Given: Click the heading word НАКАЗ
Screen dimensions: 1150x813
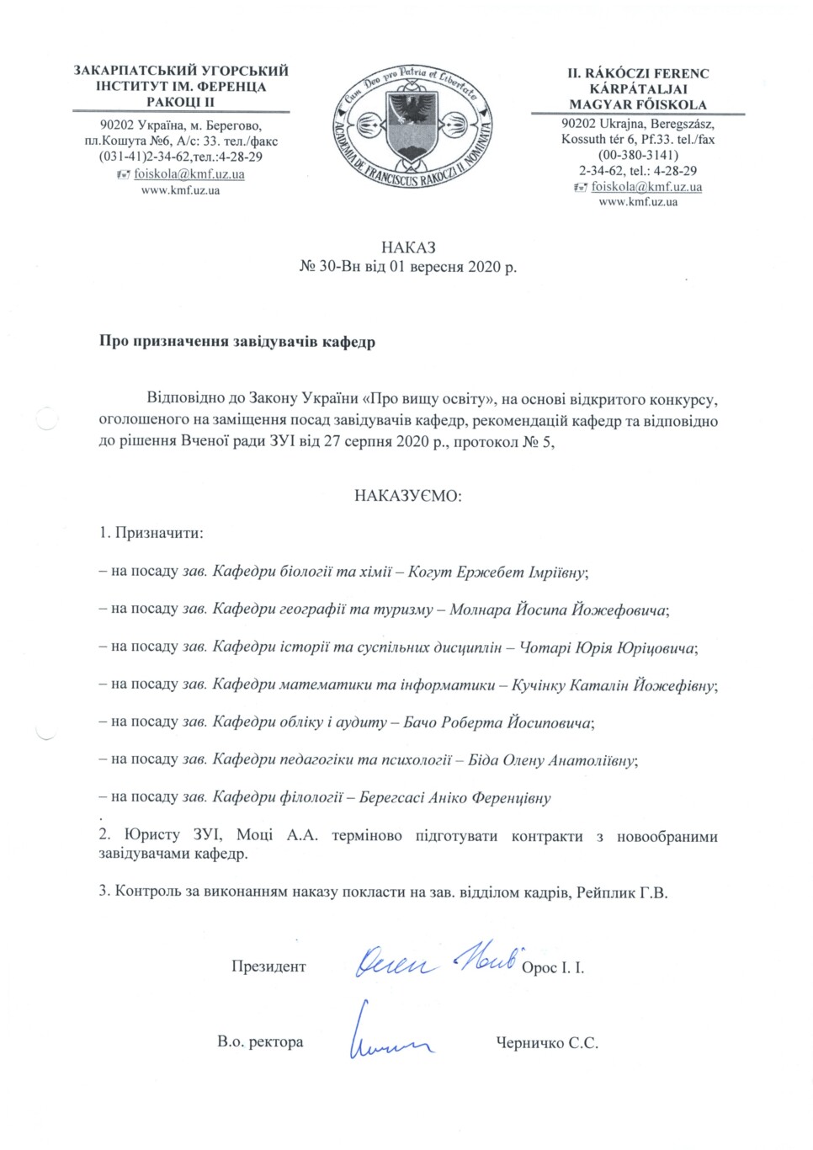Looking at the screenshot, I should (x=408, y=248).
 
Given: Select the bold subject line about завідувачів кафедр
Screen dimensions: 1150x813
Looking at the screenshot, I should (x=237, y=343).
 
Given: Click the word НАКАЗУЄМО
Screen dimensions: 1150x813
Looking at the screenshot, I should (x=408, y=495).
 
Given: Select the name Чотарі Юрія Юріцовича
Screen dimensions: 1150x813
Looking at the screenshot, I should (x=608, y=647).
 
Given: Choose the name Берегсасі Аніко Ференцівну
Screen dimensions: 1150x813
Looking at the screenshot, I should (x=454, y=797).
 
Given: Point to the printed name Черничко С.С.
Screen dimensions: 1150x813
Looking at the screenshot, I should (x=547, y=1043).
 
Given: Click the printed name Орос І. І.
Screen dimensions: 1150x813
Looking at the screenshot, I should (x=553, y=968).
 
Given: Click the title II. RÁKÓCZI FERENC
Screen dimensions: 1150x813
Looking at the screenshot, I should (x=637, y=73).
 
